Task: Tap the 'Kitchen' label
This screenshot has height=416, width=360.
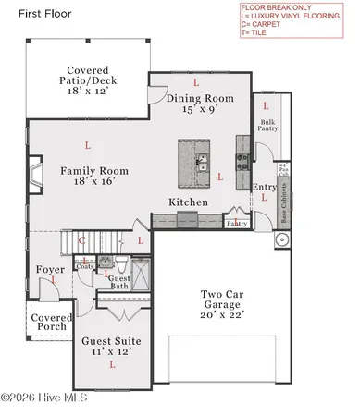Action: [x=188, y=202]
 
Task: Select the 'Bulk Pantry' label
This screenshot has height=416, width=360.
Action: [x=268, y=126]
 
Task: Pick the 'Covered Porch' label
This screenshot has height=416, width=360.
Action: [x=52, y=323]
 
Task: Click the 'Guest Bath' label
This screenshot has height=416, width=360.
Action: [x=119, y=282]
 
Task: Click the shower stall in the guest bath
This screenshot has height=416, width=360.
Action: [x=143, y=276]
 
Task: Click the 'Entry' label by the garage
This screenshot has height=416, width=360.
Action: [x=265, y=188]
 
